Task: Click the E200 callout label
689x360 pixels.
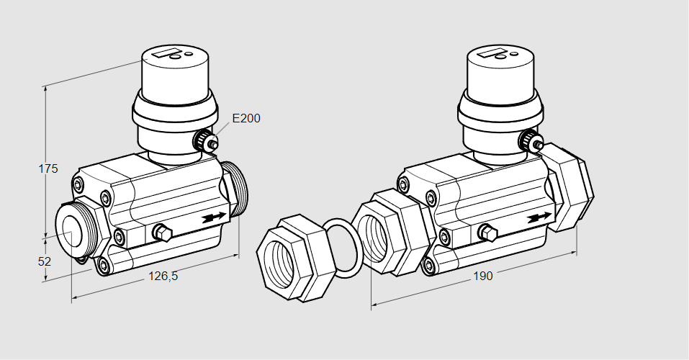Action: click(x=246, y=118)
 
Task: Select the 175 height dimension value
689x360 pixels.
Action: click(x=48, y=168)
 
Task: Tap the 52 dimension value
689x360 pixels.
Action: click(x=45, y=261)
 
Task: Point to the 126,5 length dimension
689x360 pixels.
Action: click(x=163, y=276)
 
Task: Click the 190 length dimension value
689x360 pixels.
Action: click(x=483, y=276)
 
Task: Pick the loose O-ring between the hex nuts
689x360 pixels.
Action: click(x=342, y=248)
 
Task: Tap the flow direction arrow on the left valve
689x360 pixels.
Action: click(x=215, y=217)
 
